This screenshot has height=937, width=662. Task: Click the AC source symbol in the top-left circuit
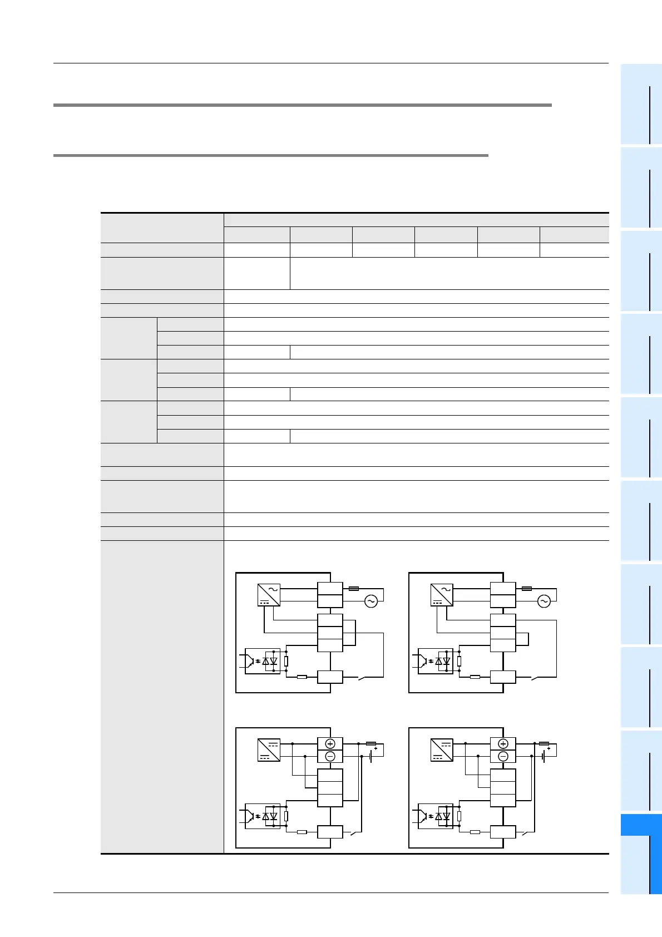click(x=370, y=601)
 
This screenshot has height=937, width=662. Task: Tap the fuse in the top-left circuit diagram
click(x=353, y=588)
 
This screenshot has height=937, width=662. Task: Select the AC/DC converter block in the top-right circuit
click(x=442, y=595)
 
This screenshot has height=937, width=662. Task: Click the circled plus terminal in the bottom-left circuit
click(x=330, y=744)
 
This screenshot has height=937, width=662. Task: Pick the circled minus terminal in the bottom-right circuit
click(x=503, y=756)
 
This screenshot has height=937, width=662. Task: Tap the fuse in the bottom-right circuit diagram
click(x=544, y=743)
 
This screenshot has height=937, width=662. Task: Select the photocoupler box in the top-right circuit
click(x=435, y=661)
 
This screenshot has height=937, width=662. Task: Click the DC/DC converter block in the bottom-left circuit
click(x=269, y=749)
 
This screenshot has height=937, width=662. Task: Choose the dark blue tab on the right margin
click(x=641, y=825)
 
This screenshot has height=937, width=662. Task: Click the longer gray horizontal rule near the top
click(x=302, y=105)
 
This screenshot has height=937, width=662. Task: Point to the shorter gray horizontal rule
click(x=270, y=155)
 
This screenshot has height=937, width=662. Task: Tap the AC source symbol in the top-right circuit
click(x=544, y=601)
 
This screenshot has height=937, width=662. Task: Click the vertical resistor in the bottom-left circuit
click(x=286, y=816)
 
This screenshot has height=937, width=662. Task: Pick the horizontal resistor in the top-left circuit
click(x=302, y=677)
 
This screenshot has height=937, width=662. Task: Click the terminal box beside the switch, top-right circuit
click(x=503, y=677)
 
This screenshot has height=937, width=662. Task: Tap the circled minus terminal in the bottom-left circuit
click(x=330, y=756)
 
